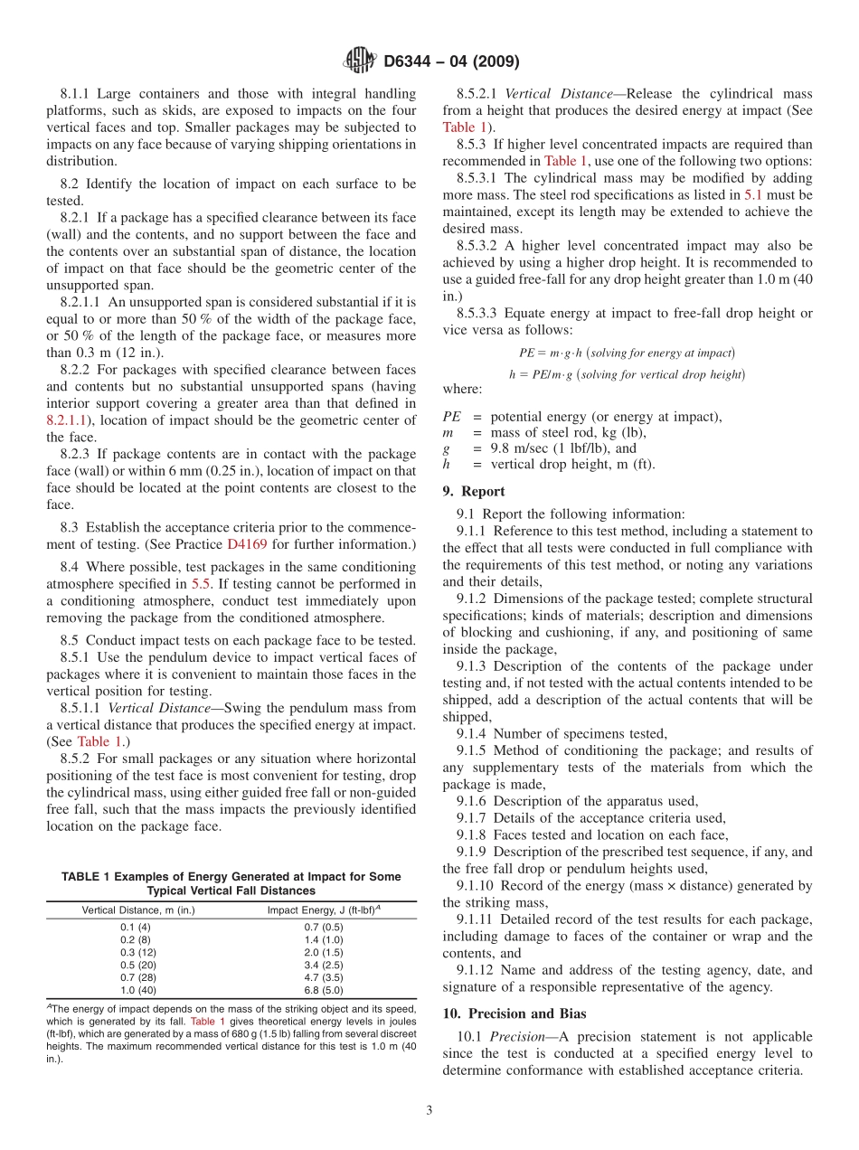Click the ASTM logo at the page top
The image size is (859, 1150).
(x=360, y=61)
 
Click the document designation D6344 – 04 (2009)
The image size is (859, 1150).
(x=451, y=61)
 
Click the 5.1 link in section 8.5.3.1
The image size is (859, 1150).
(x=752, y=194)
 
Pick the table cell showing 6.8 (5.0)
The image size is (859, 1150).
(x=323, y=990)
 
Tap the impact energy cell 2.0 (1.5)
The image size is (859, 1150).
(x=323, y=952)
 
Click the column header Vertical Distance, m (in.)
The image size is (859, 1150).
(x=138, y=910)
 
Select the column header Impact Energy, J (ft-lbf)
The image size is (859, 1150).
(x=323, y=910)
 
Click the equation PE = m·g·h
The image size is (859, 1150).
(x=627, y=353)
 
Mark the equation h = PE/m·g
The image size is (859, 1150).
(x=627, y=374)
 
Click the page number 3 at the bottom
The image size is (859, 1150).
(x=429, y=1111)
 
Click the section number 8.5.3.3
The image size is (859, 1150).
(x=479, y=313)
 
